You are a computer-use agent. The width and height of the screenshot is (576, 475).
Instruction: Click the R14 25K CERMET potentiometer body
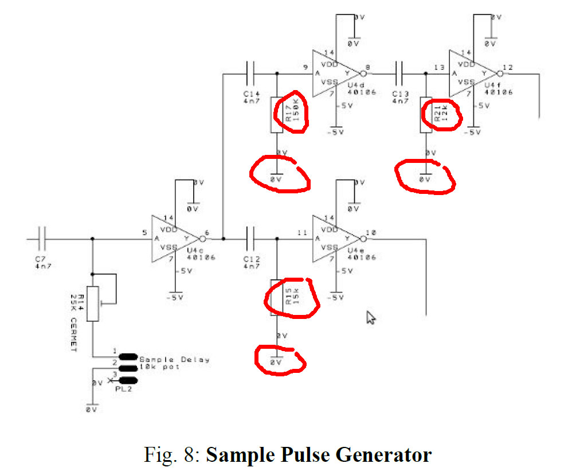(93, 303)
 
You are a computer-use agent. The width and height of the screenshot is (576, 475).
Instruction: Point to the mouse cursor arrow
(371, 317)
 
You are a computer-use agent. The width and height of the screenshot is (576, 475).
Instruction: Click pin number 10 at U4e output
(370, 232)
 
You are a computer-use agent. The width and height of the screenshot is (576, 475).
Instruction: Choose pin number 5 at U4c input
(145, 232)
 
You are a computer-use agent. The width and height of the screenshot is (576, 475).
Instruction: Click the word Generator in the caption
(384, 455)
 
